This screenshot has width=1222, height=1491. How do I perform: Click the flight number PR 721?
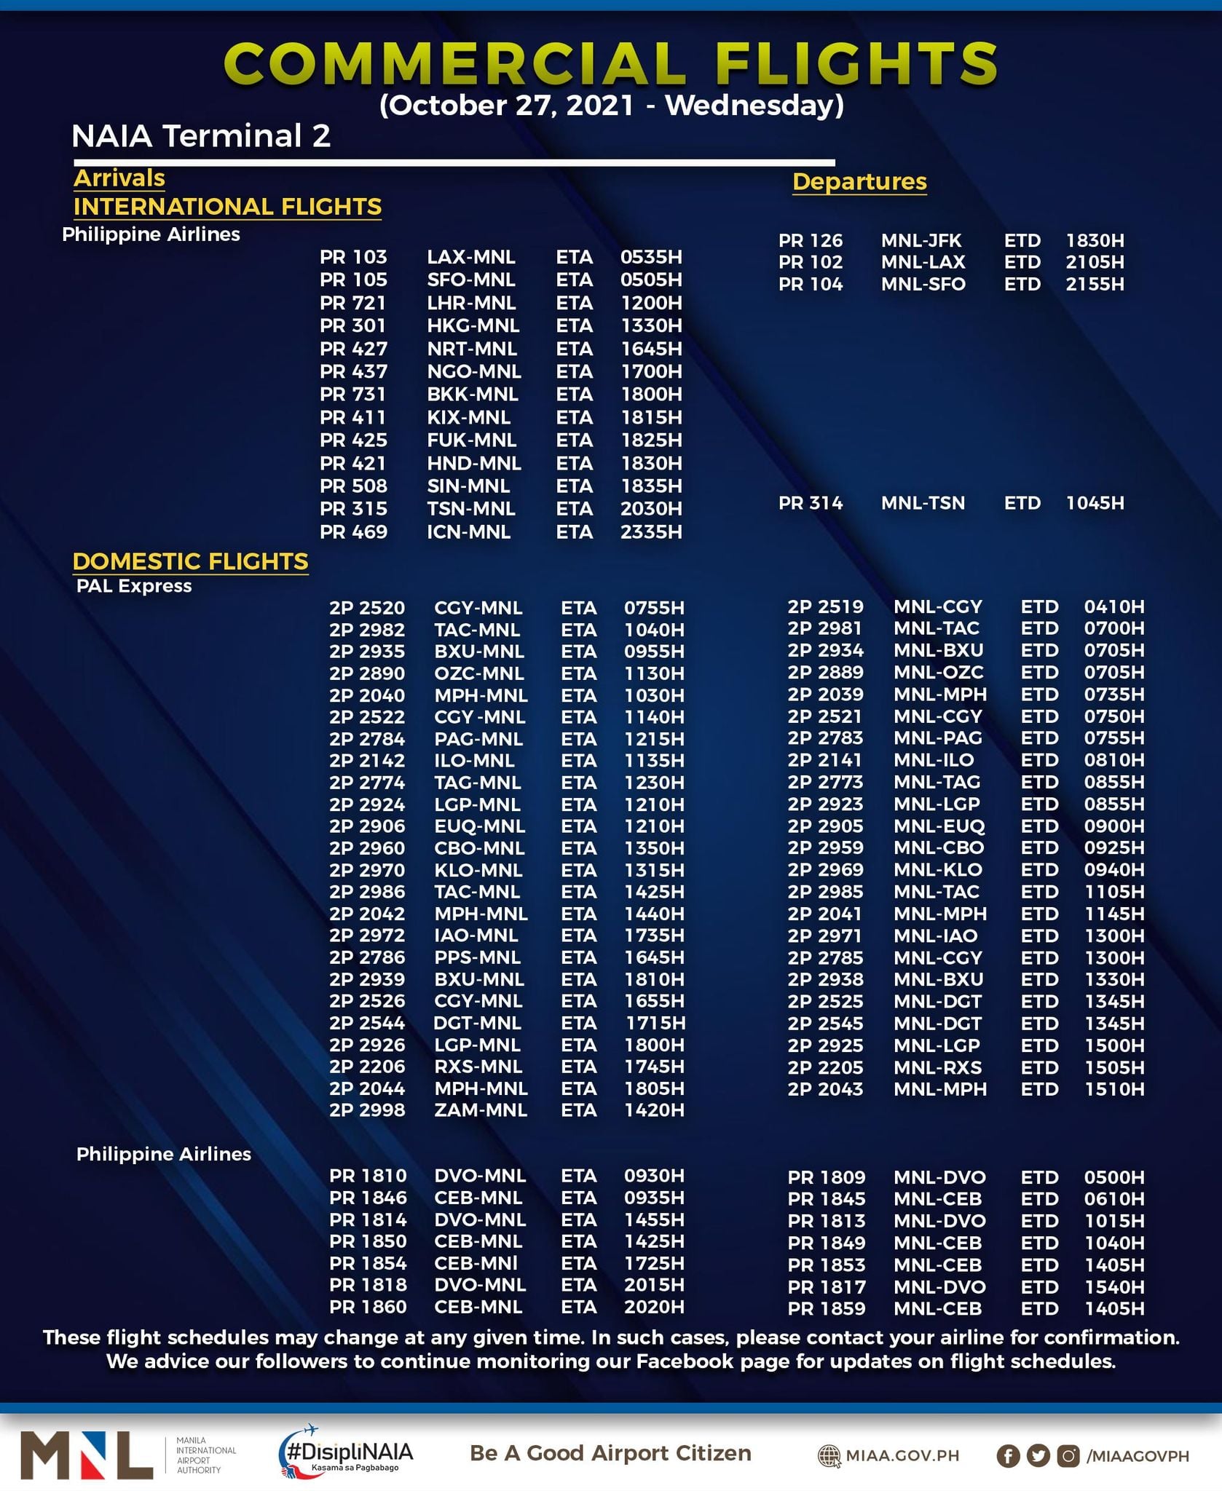point(353,303)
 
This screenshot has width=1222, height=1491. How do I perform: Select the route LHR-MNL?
point(471,303)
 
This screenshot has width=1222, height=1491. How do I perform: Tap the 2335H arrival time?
point(651,532)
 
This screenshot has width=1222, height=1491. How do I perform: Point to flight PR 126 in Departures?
point(811,240)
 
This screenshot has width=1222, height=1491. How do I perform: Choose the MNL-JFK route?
point(921,240)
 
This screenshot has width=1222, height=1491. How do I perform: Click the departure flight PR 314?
point(811,503)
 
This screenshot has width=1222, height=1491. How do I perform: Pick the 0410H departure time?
point(1113,606)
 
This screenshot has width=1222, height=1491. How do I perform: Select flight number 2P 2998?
point(367,1110)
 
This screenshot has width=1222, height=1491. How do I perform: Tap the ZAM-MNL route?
point(480,1110)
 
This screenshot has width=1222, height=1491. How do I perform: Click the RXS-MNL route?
point(478,1067)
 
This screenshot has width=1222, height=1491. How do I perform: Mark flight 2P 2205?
point(825,1067)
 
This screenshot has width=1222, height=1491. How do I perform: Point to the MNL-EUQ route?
point(939,826)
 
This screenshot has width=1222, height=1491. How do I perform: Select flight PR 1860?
point(368,1307)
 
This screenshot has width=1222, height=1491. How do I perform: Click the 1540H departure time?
point(1113,1286)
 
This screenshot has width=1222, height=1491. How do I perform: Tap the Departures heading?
point(859,181)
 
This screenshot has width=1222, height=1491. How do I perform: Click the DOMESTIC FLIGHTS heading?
point(190,561)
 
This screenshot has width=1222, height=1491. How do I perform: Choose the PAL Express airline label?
point(134,586)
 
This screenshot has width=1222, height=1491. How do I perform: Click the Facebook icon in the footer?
point(1008,1456)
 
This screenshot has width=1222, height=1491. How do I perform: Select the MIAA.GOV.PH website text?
point(902,1456)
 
